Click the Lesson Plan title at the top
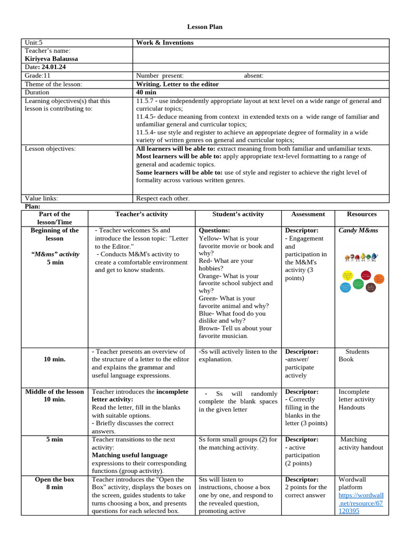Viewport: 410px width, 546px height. [x=204, y=27]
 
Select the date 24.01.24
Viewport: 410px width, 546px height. [x=54, y=67]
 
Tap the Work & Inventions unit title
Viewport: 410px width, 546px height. [x=165, y=43]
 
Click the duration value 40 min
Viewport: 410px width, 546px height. [x=146, y=92]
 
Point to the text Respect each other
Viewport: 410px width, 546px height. [x=163, y=198]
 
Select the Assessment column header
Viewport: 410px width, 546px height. [x=308, y=214]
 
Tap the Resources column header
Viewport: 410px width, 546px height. [x=361, y=214]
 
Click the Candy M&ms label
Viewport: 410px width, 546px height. [x=358, y=230]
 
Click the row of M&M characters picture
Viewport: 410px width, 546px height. [x=361, y=258]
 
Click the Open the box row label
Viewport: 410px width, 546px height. [x=54, y=479]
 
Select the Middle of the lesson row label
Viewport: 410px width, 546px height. [x=54, y=391]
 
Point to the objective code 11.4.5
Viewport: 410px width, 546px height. [x=146, y=116]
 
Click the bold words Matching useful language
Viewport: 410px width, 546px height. [x=130, y=455]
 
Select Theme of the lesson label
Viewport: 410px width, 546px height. [x=53, y=84]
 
